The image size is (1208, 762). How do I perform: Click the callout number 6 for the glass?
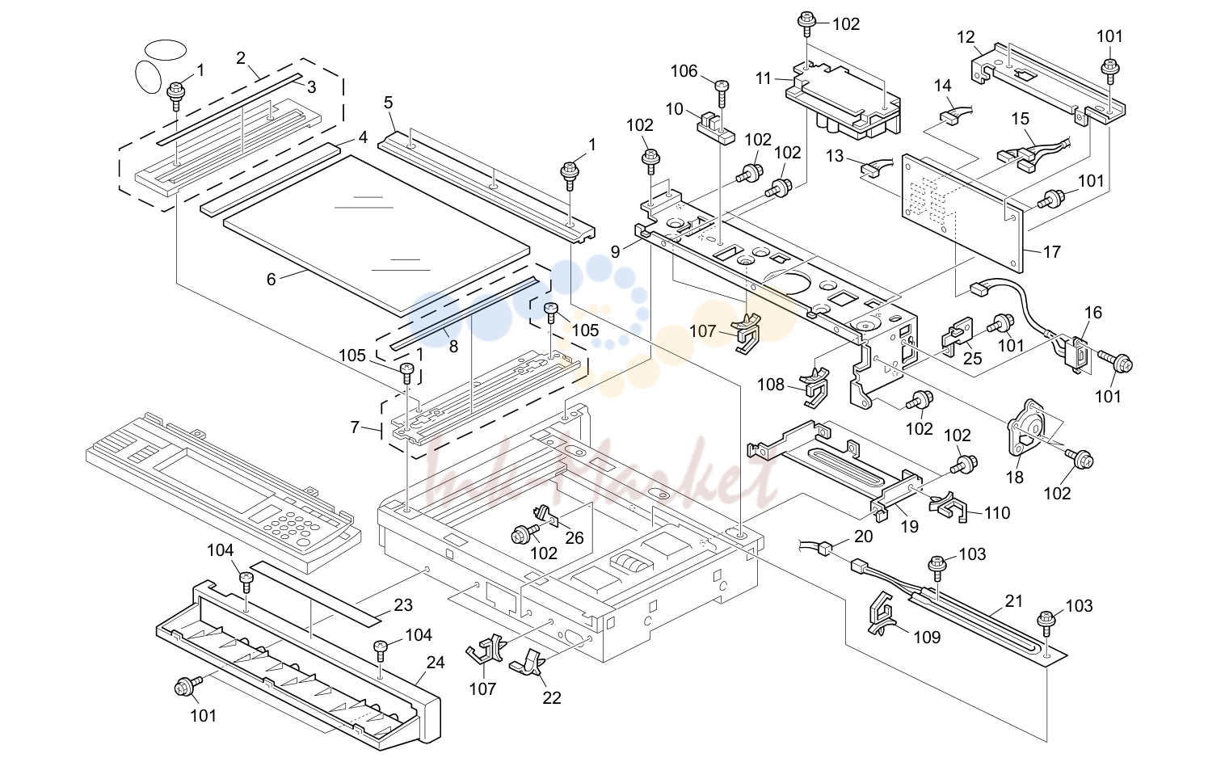[271, 279]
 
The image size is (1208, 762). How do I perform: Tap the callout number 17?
[1051, 251]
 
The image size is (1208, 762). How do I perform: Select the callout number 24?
[436, 662]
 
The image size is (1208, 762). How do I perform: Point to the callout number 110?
[996, 512]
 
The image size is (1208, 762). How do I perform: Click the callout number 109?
[927, 637]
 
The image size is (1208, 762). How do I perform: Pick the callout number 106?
[684, 71]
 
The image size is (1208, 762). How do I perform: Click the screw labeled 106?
[722, 94]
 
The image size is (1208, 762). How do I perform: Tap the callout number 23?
[403, 605]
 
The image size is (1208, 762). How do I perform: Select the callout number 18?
[1014, 477]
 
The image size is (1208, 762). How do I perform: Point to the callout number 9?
[616, 251]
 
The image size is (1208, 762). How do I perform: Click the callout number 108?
[771, 384]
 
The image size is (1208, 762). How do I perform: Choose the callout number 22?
[551, 698]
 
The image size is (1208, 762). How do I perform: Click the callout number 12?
[966, 37]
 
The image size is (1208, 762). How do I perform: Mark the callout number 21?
[1013, 600]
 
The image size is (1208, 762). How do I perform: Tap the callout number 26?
[575, 537]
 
